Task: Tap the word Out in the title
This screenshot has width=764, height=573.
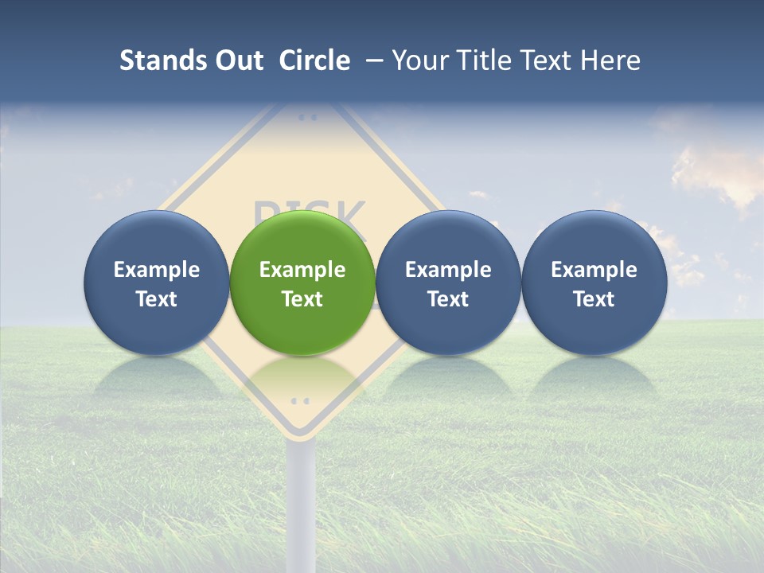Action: coord(239,60)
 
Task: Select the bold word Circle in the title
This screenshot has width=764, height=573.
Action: coord(314,60)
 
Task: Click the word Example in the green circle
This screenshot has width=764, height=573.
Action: coord(302,270)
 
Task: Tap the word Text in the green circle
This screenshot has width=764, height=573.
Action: coord(302,299)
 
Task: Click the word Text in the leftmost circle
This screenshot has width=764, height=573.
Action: coord(157,299)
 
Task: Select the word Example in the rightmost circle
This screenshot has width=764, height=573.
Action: coord(594,270)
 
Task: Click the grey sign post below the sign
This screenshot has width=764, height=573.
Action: coord(302,501)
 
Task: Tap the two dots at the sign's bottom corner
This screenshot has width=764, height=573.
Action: coord(300,400)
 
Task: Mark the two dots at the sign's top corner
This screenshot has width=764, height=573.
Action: coord(306,117)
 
